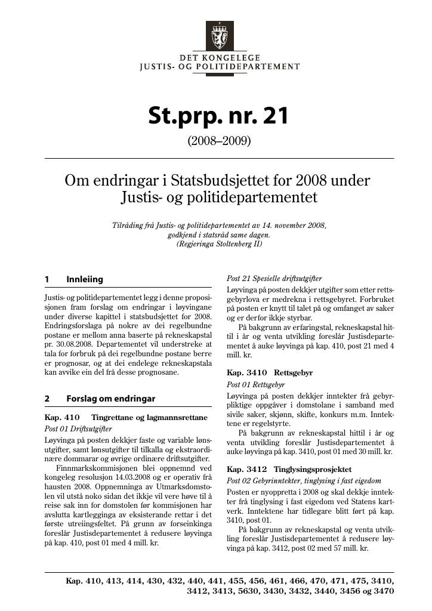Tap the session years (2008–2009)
point(219,141)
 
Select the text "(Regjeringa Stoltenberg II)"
point(219,243)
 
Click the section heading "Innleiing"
point(85,279)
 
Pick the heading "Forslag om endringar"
point(110,399)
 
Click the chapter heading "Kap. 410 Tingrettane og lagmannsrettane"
point(126,417)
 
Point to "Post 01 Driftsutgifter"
point(78,428)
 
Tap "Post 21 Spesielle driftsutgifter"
point(274,279)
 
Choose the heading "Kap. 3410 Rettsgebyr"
point(270,373)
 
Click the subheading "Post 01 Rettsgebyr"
point(256,385)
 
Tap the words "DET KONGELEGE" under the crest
point(219,57)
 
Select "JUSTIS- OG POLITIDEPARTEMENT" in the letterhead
point(219,67)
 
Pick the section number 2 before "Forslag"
point(47,399)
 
